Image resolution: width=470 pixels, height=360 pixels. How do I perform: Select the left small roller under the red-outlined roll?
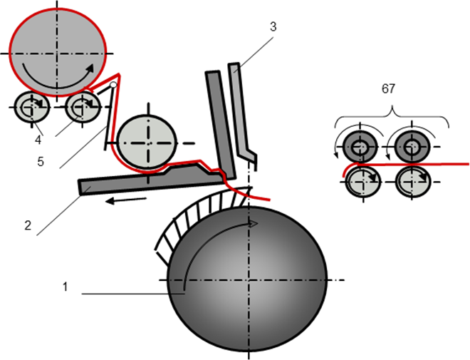click(x=31, y=108)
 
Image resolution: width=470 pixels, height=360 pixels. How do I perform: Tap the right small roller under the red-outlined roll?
click(x=83, y=108)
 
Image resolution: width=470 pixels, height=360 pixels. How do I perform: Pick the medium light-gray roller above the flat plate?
click(x=147, y=140)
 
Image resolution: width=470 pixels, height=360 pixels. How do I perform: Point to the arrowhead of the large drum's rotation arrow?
click(x=254, y=224)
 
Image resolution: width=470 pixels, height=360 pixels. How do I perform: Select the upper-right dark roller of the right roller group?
click(x=412, y=147)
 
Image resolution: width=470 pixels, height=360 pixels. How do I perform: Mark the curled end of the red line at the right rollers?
click(x=345, y=171)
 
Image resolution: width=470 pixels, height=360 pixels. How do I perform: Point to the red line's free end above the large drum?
click(x=270, y=200)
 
